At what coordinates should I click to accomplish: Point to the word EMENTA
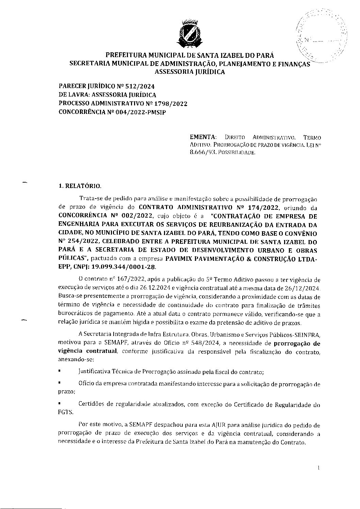pyautogui.click(x=203, y=137)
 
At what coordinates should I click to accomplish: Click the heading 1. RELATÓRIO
pyautogui.click(x=80, y=186)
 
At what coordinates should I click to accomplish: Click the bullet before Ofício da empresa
pyautogui.click(x=60, y=383)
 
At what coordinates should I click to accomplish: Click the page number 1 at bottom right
pyautogui.click(x=318, y=468)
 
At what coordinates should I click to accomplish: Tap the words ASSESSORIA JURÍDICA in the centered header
pyautogui.click(x=190, y=72)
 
